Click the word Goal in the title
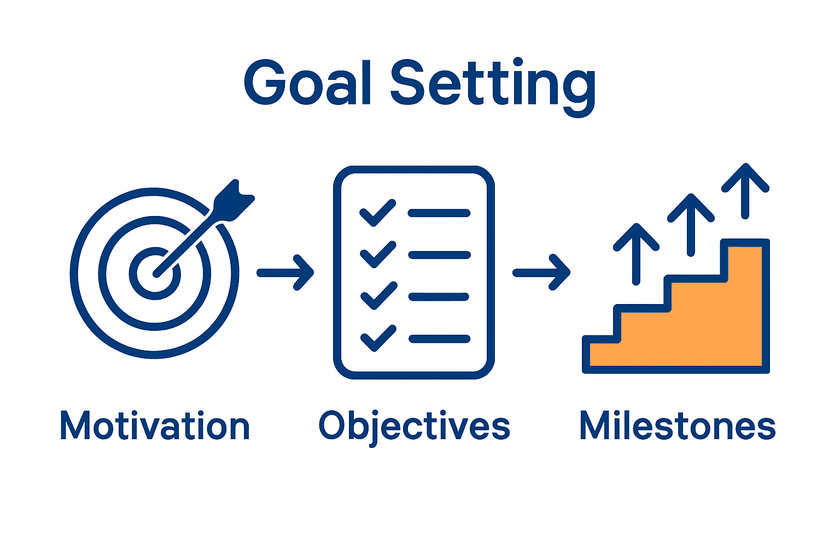click(308, 83)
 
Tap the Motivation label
click(155, 426)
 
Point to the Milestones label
click(677, 426)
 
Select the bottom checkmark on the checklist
click(378, 339)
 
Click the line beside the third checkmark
click(439, 297)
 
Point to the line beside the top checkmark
click(439, 213)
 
